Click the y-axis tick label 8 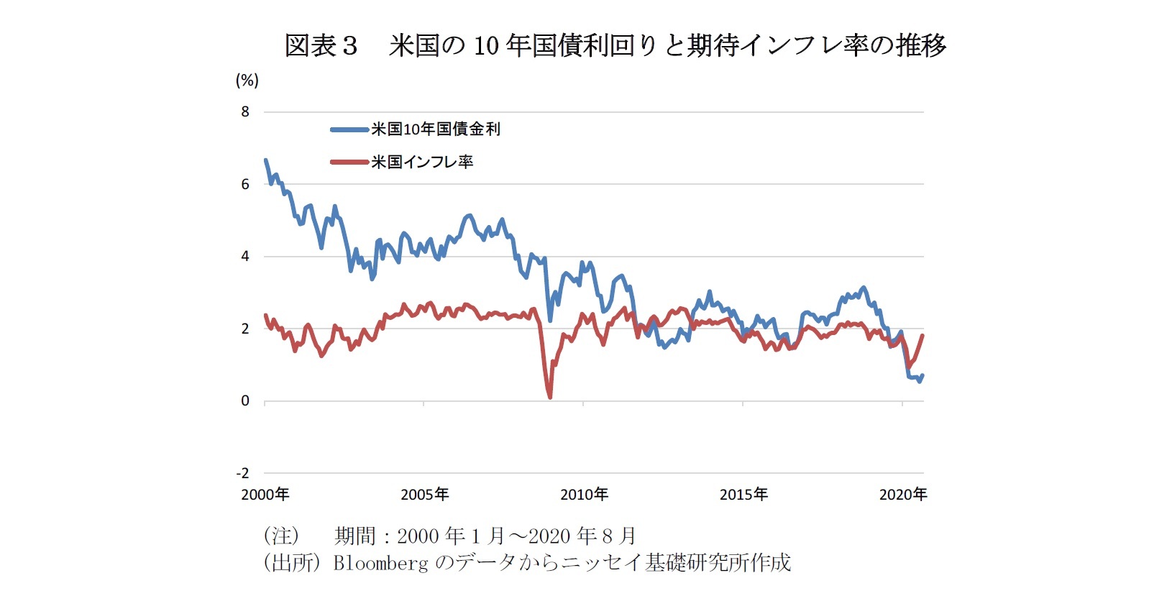pos(245,111)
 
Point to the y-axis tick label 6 pos(245,184)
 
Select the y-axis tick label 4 pos(245,256)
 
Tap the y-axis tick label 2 pos(245,329)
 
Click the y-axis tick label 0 pos(245,400)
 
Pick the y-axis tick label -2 pos(243,473)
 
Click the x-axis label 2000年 pos(265,495)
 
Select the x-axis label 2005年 pos(425,495)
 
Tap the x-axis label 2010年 pos(585,495)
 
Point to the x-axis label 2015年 pos(744,495)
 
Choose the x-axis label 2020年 pos(903,495)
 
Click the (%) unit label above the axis pos(247,81)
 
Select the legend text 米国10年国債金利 pos(436,129)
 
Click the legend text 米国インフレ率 pos(422,162)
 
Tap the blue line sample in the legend pos(349,129)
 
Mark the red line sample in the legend pos(349,162)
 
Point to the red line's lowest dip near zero pos(550,396)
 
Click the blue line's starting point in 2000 pos(266,160)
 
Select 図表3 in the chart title pos(321,46)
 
